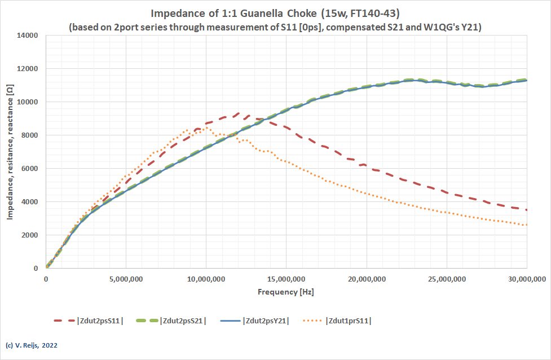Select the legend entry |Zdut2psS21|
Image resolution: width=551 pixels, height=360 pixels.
(183, 321)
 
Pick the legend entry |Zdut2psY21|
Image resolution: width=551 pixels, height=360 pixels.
(266, 321)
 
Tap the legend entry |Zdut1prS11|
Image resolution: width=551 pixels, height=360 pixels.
(348, 321)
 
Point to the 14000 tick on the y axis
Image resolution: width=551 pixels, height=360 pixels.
(27, 36)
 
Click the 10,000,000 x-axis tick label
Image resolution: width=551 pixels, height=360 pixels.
(206, 279)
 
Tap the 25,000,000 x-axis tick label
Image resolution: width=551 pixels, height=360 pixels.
(447, 279)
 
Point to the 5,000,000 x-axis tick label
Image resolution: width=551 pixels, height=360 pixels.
(126, 279)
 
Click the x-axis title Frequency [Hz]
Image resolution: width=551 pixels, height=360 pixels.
(286, 292)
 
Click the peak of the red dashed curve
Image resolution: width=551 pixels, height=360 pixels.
(239, 113)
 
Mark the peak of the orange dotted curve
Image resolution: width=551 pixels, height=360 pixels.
(206, 128)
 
